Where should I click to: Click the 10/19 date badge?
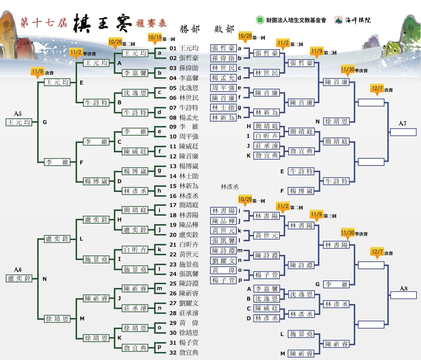tap(155, 38)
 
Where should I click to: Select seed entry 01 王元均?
tap(184, 48)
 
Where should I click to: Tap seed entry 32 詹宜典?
tap(184, 352)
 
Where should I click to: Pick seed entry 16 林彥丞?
tap(184, 196)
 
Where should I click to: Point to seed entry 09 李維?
tap(184, 127)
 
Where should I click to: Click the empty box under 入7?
tap(403, 132)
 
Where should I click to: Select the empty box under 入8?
tap(403, 295)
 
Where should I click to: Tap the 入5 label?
tap(18, 114)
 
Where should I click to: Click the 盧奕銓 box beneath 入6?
tap(19, 278)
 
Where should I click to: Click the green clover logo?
tap(260, 20)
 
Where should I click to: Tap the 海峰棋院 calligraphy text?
tap(358, 20)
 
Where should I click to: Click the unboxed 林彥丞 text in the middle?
tap(230, 187)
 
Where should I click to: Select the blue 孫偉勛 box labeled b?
tap(224, 58)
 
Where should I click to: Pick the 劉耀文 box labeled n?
tap(224, 260)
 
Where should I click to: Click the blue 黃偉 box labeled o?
tap(224, 270)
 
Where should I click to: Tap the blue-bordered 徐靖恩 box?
tap(336, 121)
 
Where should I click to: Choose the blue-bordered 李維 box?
tap(336, 284)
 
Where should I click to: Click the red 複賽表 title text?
tap(151, 23)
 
